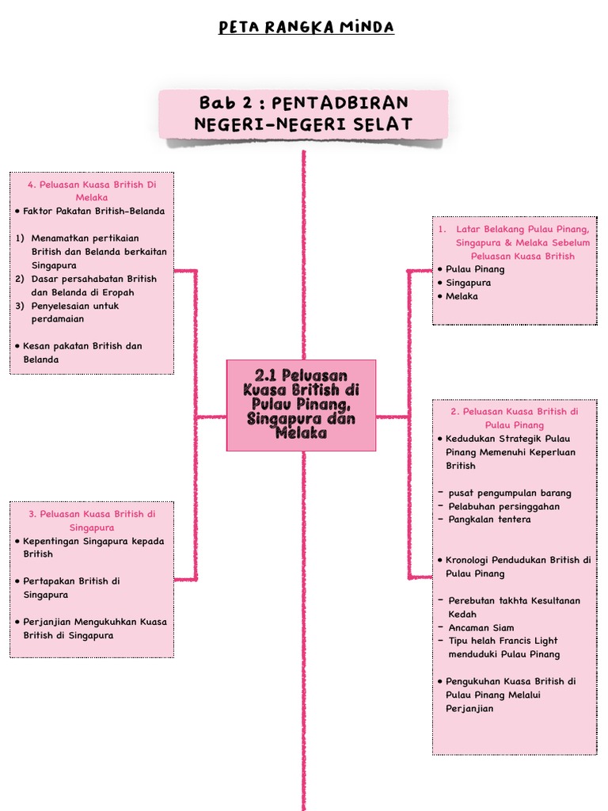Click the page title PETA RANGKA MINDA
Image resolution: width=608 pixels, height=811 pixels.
click(x=306, y=28)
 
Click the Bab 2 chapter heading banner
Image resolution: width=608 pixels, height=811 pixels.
click(x=303, y=113)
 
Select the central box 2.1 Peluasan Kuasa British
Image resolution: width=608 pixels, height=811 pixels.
click(x=301, y=405)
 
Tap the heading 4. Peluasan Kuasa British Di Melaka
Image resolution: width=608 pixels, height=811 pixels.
click(x=92, y=191)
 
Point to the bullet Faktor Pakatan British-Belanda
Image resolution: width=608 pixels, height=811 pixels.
click(x=93, y=211)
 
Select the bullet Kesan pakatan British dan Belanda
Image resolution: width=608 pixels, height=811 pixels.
click(x=82, y=352)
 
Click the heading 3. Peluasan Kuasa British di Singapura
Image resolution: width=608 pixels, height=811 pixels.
click(x=92, y=520)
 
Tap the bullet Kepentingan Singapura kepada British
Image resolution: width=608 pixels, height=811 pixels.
click(x=93, y=547)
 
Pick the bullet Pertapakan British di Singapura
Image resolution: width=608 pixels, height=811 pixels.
click(x=71, y=588)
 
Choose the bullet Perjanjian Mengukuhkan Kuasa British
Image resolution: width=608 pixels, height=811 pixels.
click(x=95, y=628)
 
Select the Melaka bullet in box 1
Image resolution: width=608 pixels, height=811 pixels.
click(x=462, y=296)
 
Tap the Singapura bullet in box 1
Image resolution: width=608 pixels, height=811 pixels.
click(x=468, y=283)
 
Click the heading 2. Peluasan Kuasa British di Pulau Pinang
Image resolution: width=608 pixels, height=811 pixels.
click(x=515, y=418)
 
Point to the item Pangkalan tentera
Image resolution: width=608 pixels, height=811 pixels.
click(x=489, y=520)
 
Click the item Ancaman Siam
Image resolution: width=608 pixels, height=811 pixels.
click(x=481, y=628)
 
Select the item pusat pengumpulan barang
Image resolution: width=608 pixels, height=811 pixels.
click(x=509, y=493)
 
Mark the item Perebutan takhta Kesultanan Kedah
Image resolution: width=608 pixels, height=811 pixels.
click(x=514, y=607)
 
